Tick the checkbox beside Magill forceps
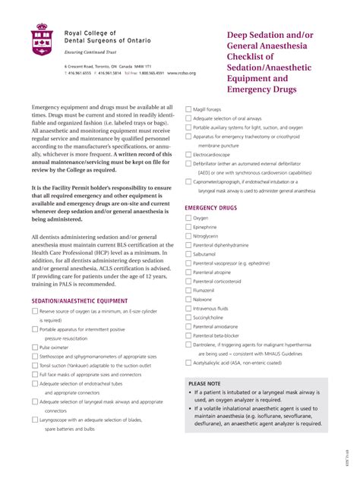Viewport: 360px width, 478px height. (x=188, y=109)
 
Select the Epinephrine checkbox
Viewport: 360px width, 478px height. (x=188, y=227)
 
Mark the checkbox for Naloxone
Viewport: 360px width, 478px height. (x=188, y=300)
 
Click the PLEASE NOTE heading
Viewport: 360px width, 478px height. (x=204, y=384)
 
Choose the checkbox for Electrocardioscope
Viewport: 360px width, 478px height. (x=188, y=154)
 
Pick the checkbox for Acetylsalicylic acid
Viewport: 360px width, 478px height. (x=188, y=363)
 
